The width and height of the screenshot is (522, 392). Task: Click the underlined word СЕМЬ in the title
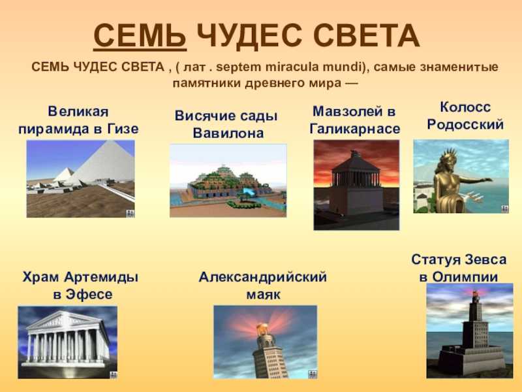[140, 36]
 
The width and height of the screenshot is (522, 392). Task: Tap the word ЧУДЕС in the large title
[249, 36]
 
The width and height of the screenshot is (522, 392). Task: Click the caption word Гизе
[123, 129]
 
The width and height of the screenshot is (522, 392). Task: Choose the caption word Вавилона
[228, 133]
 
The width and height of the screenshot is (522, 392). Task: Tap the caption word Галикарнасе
[355, 129]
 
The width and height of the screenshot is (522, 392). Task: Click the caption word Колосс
[465, 107]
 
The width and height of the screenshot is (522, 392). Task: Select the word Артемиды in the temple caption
[101, 277]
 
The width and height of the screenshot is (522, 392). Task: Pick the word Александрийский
[263, 277]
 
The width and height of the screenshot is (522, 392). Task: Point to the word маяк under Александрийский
[264, 295]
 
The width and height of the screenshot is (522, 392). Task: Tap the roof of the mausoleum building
[356, 163]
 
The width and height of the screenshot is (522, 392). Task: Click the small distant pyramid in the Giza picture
[65, 174]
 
